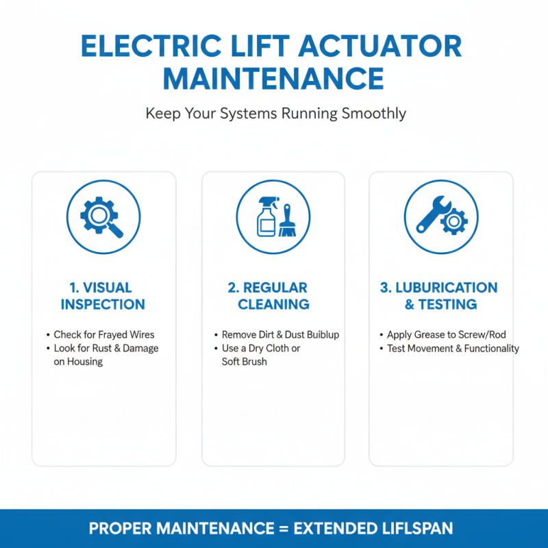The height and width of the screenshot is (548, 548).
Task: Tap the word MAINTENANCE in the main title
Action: (273, 79)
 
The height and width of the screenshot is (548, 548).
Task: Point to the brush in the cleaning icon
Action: (286, 221)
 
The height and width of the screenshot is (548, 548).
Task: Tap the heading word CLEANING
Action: (273, 304)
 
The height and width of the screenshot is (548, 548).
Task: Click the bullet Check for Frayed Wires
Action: (104, 335)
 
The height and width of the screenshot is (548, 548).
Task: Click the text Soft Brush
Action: (244, 361)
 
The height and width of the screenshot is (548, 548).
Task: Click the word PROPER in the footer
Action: (122, 529)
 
